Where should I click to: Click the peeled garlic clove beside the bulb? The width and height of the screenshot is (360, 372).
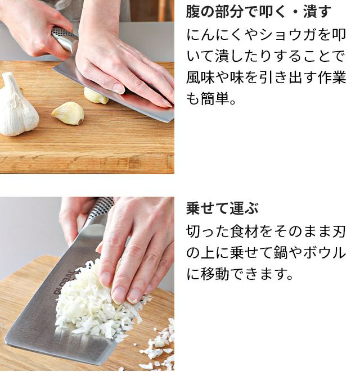(x=69, y=113)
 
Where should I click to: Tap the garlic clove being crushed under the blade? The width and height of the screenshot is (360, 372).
(x=96, y=96)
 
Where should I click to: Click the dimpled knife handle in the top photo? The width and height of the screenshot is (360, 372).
(x=63, y=38)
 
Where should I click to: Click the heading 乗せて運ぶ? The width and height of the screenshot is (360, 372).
(x=222, y=208)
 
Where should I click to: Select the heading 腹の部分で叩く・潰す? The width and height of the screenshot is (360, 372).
(x=258, y=11)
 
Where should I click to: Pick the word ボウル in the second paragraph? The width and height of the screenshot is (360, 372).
(x=324, y=253)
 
